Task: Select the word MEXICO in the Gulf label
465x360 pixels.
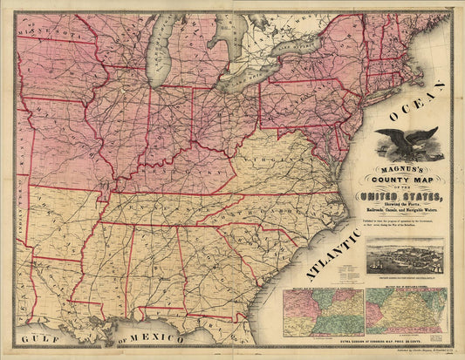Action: coord(158,337)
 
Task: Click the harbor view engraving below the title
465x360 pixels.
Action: coord(404,258)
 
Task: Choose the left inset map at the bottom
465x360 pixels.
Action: coord(322,311)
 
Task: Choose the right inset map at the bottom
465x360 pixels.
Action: coord(404,311)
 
